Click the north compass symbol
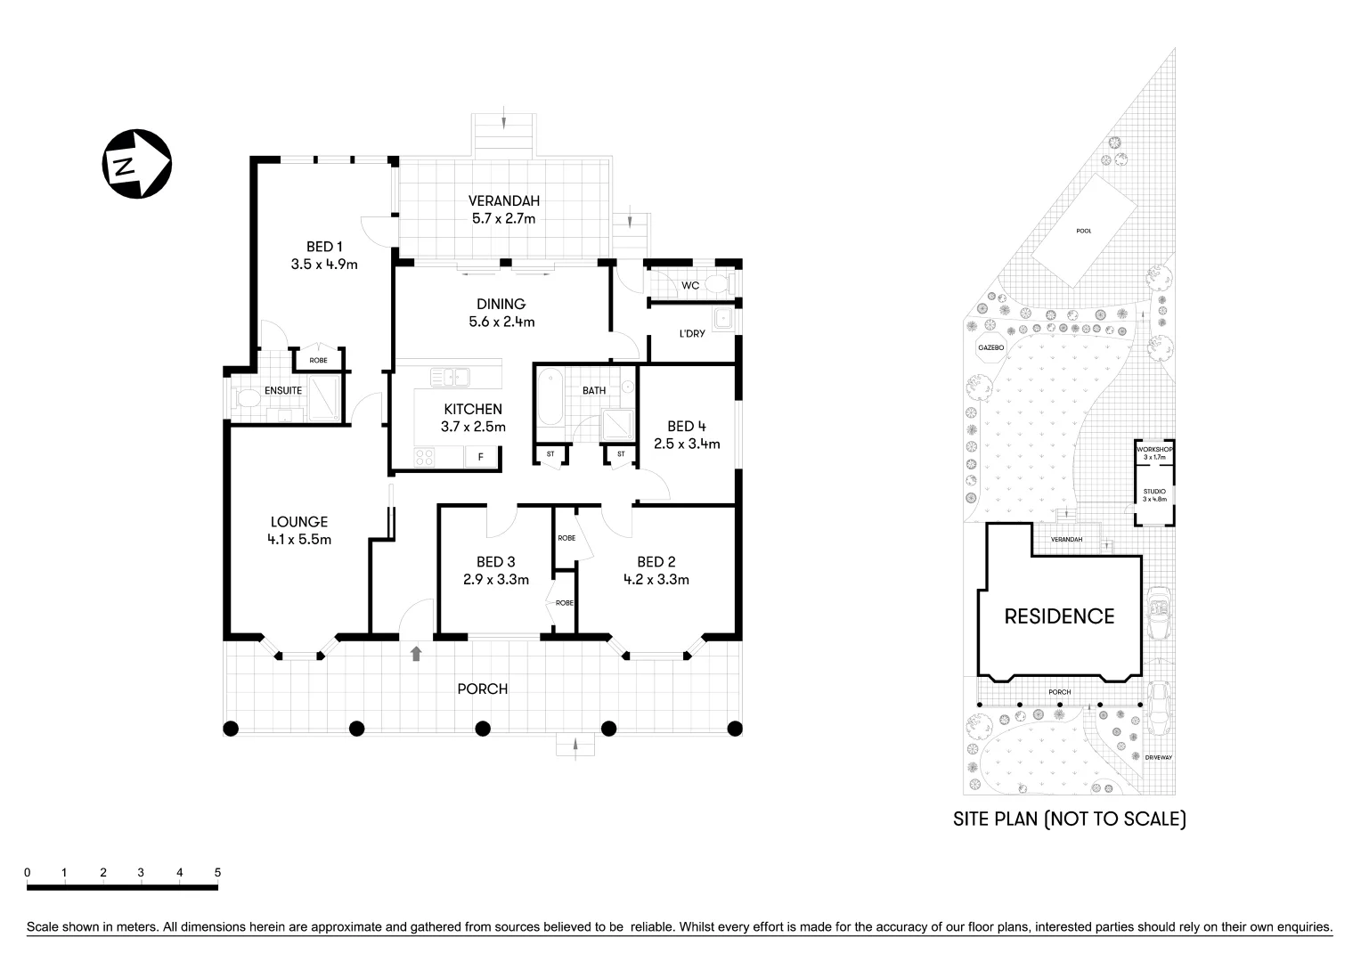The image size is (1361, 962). point(135,164)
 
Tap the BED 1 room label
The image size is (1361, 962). point(324,247)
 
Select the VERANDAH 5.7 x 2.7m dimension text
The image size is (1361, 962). point(503,218)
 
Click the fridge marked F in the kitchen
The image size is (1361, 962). point(481,458)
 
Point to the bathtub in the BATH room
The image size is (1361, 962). point(550,404)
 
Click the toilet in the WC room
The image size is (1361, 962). point(718,285)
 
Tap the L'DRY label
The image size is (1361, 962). point(692,333)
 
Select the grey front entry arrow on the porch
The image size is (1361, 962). point(415,654)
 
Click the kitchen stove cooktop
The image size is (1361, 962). point(425,458)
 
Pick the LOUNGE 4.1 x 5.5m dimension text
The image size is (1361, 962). point(299,539)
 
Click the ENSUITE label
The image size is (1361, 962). point(283,390)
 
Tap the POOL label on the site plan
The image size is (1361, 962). point(1083,231)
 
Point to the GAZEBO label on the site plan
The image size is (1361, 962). point(990,347)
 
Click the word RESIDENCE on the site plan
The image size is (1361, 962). point(1059,616)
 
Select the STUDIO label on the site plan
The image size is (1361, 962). point(1154,491)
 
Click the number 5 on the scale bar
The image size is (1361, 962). point(217,873)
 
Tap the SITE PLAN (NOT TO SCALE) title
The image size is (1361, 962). point(1069,819)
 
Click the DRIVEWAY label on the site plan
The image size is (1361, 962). point(1159,757)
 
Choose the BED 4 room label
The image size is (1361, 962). point(686,426)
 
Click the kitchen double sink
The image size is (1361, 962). point(450,378)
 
